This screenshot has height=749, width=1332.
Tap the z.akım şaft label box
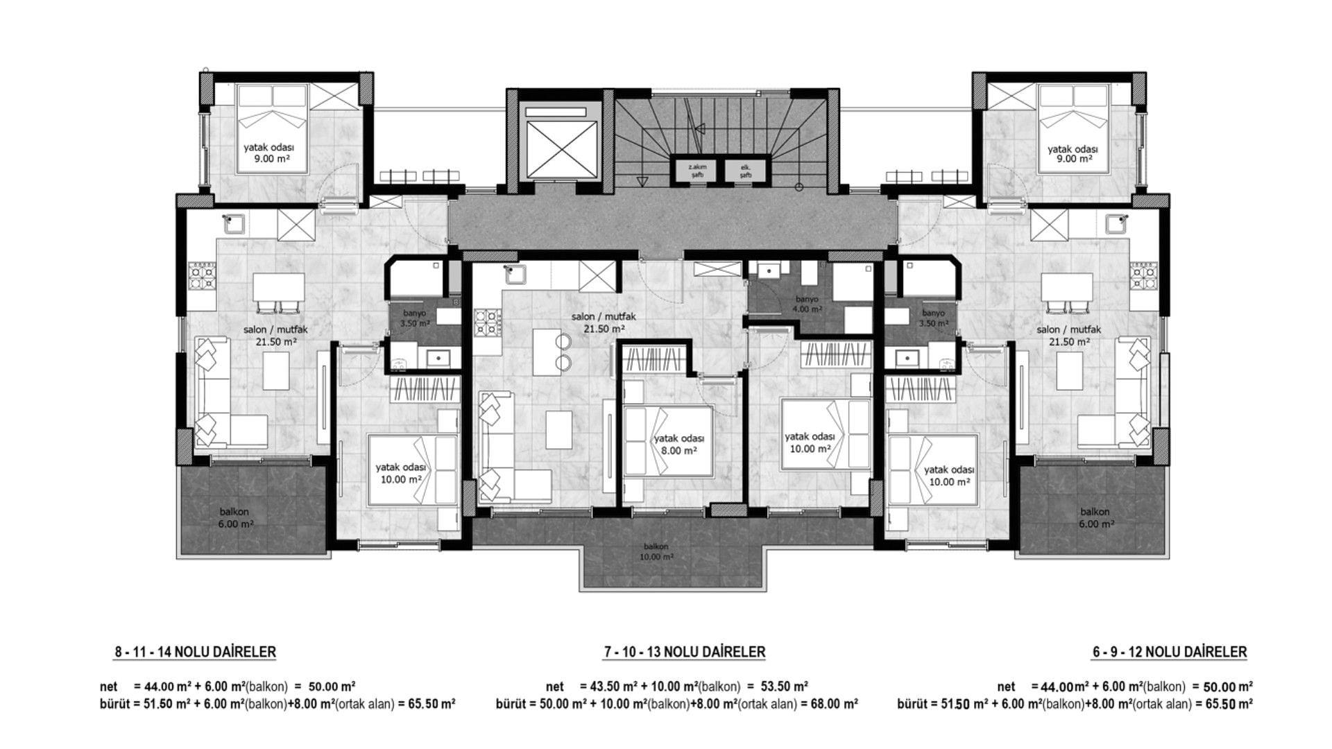[697, 171]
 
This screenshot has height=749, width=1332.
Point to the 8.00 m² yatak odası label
[679, 445]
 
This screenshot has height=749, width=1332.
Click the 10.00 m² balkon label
[656, 551]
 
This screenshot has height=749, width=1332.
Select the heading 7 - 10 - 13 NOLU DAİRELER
[685, 652]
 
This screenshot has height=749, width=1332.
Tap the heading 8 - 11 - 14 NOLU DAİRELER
[196, 652]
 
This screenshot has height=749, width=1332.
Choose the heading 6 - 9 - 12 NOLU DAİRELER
[1169, 652]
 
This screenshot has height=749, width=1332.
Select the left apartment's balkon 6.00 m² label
[236, 518]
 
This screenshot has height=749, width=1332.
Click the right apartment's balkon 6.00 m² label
[1095, 518]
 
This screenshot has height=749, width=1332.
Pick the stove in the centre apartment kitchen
[488, 322]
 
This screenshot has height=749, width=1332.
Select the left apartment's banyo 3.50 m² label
[415, 318]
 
